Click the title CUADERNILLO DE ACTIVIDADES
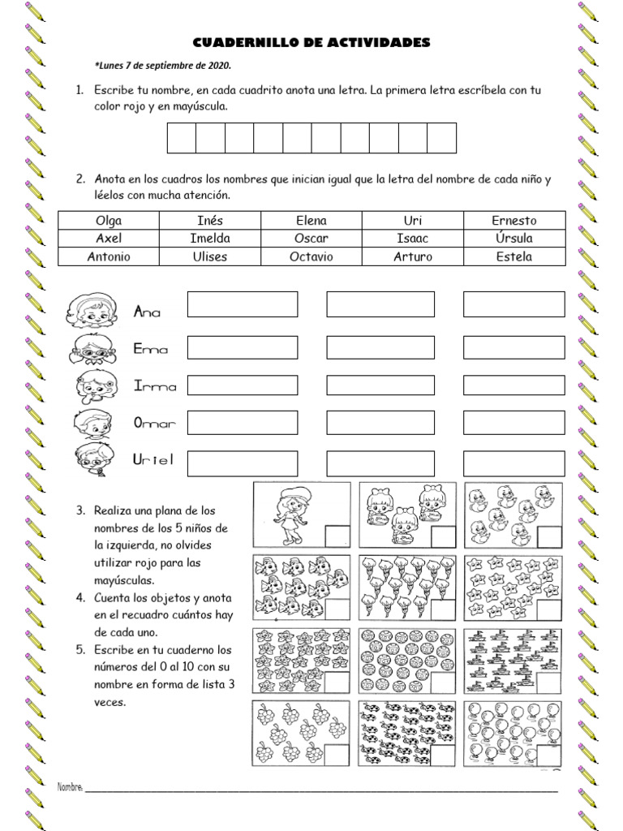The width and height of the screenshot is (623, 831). point(311,41)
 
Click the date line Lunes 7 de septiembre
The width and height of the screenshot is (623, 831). point(163,67)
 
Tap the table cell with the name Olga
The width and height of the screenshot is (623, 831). point(109,220)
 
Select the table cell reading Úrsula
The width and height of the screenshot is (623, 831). point(513,238)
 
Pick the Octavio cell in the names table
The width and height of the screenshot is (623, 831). point(311,256)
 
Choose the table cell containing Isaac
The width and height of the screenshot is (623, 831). point(412,238)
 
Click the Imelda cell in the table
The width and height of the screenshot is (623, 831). point(209,238)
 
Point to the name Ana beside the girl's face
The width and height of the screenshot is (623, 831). point(147,312)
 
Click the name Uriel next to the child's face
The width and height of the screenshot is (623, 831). point(153,460)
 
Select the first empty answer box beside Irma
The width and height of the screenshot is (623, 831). point(243,385)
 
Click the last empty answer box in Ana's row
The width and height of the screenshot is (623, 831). point(513,304)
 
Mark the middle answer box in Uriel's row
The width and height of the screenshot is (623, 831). point(380,463)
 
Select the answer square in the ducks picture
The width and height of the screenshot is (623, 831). point(548,536)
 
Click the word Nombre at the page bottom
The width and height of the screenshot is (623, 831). point(71,787)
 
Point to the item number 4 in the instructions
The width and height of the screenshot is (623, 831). point(81,597)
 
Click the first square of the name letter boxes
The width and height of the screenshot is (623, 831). point(182,138)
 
